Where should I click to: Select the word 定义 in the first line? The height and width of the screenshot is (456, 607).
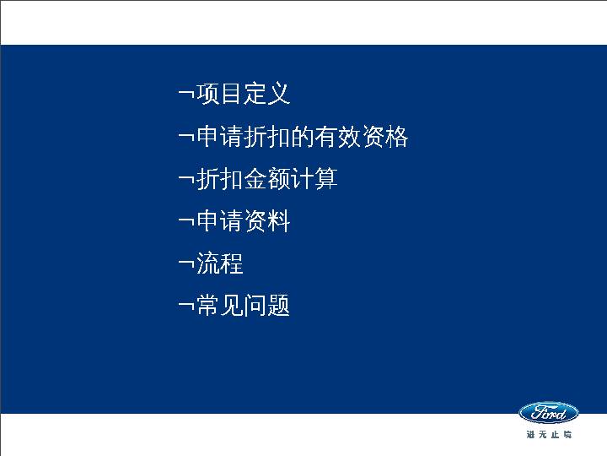267,94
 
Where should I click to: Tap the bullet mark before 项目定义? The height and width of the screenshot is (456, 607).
185,94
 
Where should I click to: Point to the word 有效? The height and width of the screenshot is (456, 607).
338,137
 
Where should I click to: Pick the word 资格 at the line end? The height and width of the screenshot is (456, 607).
385,137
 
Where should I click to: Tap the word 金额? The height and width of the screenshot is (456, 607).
267,179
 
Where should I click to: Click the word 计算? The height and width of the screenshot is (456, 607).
314,179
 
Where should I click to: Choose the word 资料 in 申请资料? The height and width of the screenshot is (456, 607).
267,221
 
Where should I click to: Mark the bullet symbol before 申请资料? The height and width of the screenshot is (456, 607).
185,221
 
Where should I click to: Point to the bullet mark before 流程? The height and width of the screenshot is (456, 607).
185,263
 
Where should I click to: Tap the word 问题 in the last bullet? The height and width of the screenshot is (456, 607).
267,306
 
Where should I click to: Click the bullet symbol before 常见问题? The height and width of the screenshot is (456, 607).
185,306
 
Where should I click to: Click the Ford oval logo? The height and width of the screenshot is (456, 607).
548,413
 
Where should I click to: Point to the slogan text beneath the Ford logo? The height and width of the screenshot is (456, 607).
548,434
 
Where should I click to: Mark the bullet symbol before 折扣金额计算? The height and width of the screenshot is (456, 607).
185,179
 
